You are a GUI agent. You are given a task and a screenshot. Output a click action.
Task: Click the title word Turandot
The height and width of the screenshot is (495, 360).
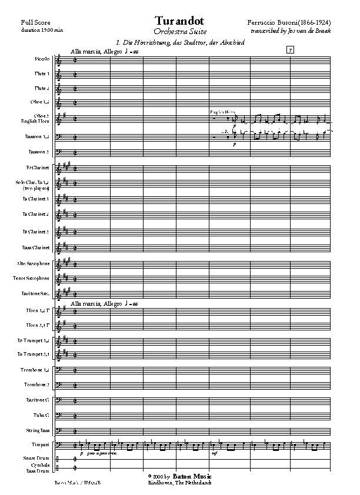point(179,21)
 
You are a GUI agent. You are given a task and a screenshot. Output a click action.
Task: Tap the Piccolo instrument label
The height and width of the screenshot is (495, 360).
point(42,59)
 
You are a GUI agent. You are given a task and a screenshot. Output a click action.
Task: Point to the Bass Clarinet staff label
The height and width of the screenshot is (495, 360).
point(38,247)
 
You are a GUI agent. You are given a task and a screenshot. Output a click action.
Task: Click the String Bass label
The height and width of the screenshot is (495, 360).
point(38,430)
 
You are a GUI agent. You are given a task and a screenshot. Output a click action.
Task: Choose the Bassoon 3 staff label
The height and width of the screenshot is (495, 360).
point(40,152)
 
